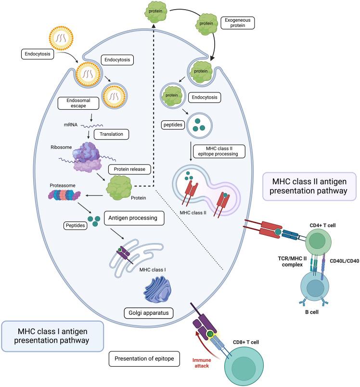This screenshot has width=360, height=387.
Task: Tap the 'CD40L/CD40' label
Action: click(x=342, y=261)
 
